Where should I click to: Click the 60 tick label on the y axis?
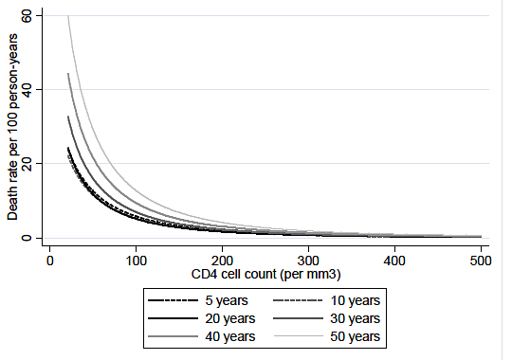pos(27,16)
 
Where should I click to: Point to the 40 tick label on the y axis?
pos(27,90)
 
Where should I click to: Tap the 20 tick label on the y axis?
pos(27,164)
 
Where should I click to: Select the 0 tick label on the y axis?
pos(27,238)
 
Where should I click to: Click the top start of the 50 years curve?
pos(67,16)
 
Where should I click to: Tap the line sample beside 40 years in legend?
pos(170,336)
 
